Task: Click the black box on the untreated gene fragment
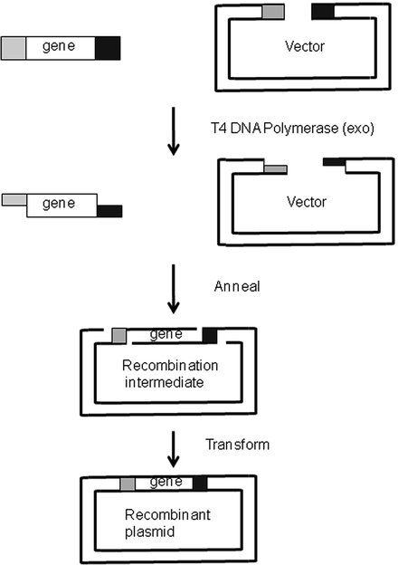click(x=107, y=47)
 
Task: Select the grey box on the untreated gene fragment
click(x=14, y=47)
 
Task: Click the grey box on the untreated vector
click(x=272, y=11)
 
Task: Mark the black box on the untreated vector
click(x=323, y=11)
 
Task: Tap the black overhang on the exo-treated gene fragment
click(x=109, y=210)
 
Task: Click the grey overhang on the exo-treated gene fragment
click(x=15, y=197)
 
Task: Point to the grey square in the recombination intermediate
click(x=118, y=336)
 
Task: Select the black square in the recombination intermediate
click(x=210, y=336)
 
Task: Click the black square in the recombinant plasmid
click(x=200, y=483)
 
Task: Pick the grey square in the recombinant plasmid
click(x=128, y=483)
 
